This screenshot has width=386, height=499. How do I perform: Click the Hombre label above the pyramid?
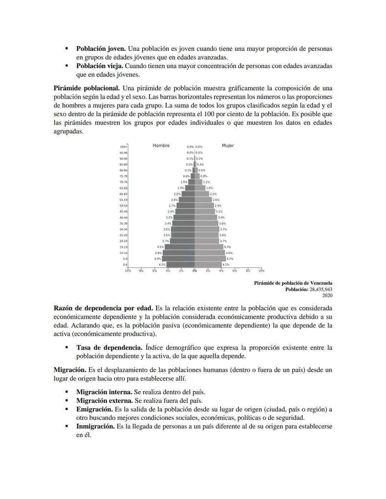[x=161, y=146]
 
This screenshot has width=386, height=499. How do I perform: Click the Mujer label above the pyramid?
[x=228, y=146]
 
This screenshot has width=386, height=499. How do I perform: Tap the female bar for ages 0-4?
[x=208, y=265]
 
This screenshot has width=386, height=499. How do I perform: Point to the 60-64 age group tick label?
[x=123, y=194]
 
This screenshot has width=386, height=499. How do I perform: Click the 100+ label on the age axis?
[x=123, y=147]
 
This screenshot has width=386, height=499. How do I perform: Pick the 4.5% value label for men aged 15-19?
[x=160, y=247]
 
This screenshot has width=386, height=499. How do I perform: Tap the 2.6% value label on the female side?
[x=216, y=200]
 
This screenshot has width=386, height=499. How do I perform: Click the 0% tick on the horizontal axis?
[x=194, y=271]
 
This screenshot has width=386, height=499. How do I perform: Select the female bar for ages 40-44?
[x=206, y=218]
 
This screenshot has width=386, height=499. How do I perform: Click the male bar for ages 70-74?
[x=191, y=182]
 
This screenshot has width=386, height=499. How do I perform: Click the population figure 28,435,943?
[x=321, y=289]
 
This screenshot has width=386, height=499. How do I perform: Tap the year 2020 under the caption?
[x=327, y=295]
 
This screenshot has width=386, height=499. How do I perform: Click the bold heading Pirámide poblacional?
[x=86, y=88]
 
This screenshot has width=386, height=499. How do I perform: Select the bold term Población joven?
[x=101, y=49]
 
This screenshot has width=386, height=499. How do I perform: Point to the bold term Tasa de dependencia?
[x=109, y=348]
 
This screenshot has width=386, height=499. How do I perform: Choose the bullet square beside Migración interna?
[x=66, y=392]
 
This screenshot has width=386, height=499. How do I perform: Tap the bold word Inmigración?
[x=95, y=426]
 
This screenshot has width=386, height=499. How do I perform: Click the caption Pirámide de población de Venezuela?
[x=293, y=283]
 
